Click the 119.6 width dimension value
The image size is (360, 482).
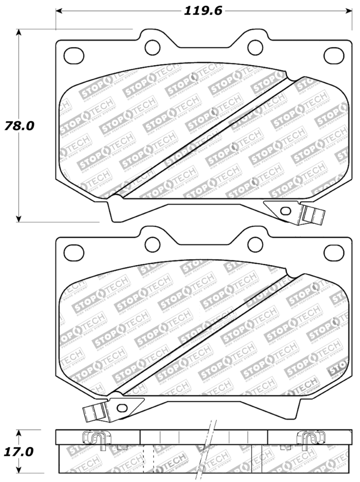tap(203, 11)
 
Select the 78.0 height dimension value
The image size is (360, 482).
tap(19, 126)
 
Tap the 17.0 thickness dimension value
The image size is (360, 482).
tap(19, 451)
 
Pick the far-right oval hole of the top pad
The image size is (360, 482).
tap(334, 55)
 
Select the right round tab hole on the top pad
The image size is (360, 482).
tap(255, 46)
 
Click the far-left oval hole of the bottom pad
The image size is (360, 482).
tap(72, 252)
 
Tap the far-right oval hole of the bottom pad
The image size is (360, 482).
tap(334, 252)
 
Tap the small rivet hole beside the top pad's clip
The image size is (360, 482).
tap(284, 211)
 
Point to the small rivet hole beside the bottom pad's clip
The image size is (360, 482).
tap(121, 407)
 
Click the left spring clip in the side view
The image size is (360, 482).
tap(94, 438)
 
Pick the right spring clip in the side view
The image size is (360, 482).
tap(310, 438)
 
